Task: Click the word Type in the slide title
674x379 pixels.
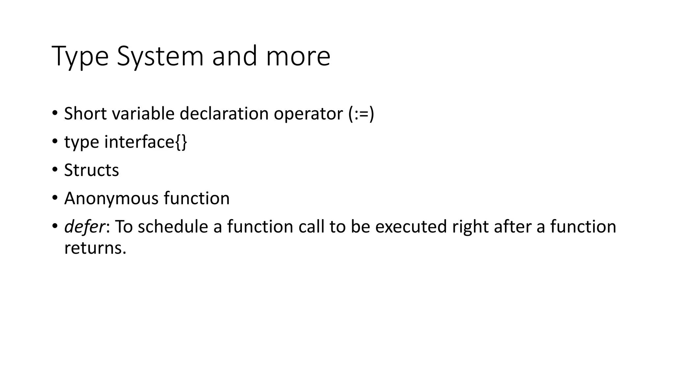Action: (80, 57)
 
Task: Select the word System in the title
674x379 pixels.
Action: (160, 57)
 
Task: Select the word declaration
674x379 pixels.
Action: (224, 114)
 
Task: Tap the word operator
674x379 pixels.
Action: (308, 114)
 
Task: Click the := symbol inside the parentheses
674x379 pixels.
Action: (361, 114)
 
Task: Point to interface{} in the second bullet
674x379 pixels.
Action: (146, 142)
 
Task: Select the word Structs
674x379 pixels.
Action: (91, 170)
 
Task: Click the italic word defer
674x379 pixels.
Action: (85, 227)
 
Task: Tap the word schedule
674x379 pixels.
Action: (173, 227)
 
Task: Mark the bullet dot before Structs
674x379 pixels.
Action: (55, 170)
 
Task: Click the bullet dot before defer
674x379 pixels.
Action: (55, 227)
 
